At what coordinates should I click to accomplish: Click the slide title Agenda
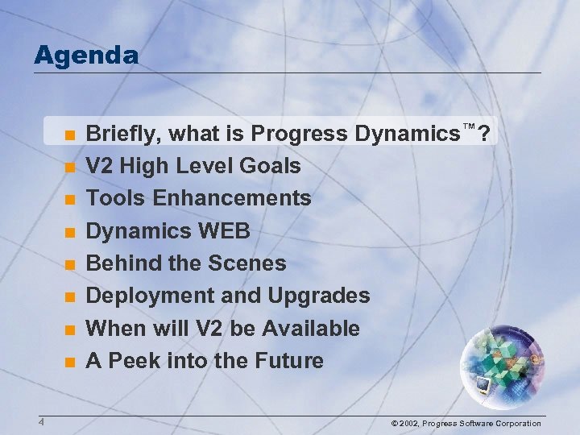coord(86,56)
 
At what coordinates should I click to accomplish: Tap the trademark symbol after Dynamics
coord(469,127)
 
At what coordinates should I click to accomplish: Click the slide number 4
coord(39,422)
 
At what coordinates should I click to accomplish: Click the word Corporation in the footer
coord(513,424)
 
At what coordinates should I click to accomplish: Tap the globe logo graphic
coord(504,362)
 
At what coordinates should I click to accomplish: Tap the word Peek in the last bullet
coord(132,361)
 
